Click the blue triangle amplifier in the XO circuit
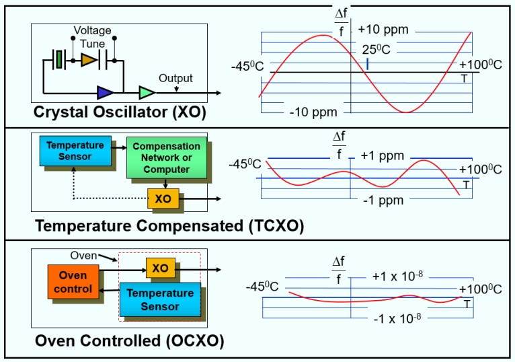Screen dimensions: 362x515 [106, 92]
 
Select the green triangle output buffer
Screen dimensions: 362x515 [147, 92]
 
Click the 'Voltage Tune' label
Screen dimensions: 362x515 [92, 37]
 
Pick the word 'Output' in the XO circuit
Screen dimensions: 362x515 [175, 79]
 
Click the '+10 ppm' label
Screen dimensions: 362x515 [383, 30]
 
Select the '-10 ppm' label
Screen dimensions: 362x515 [314, 112]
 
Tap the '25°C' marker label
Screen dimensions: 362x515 [377, 50]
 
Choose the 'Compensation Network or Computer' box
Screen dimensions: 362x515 [166, 158]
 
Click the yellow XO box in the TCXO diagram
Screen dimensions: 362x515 [163, 199]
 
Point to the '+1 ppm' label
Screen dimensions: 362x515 [382, 155]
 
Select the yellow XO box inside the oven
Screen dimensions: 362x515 [160, 268]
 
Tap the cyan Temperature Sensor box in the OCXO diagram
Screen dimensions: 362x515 [160, 299]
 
